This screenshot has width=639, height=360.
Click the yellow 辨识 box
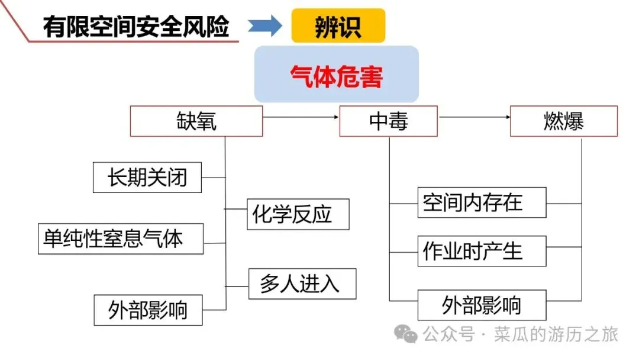coord(338,25)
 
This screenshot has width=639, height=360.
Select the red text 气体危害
coord(336,76)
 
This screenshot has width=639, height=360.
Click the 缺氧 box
coord(196,121)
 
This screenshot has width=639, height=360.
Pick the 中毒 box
coord(388,121)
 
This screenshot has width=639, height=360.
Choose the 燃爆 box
coord(563,121)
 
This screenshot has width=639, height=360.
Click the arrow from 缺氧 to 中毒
coord(301,117)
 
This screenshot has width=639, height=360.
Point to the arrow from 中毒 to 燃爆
coord(474,117)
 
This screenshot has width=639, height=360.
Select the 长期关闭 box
coord(147,177)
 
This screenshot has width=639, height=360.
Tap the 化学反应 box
coord(298,214)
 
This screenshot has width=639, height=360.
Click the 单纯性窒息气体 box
coord(121,239)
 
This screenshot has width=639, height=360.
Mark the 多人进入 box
coord(302,284)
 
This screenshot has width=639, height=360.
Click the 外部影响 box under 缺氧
coord(148,310)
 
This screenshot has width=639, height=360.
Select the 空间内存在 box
coord(482,202)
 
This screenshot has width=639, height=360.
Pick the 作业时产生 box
coord(482,251)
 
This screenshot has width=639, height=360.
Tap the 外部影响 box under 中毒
coord(482,305)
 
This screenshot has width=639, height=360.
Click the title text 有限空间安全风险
coord(136,27)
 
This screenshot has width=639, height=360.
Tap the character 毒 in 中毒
coord(398,121)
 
